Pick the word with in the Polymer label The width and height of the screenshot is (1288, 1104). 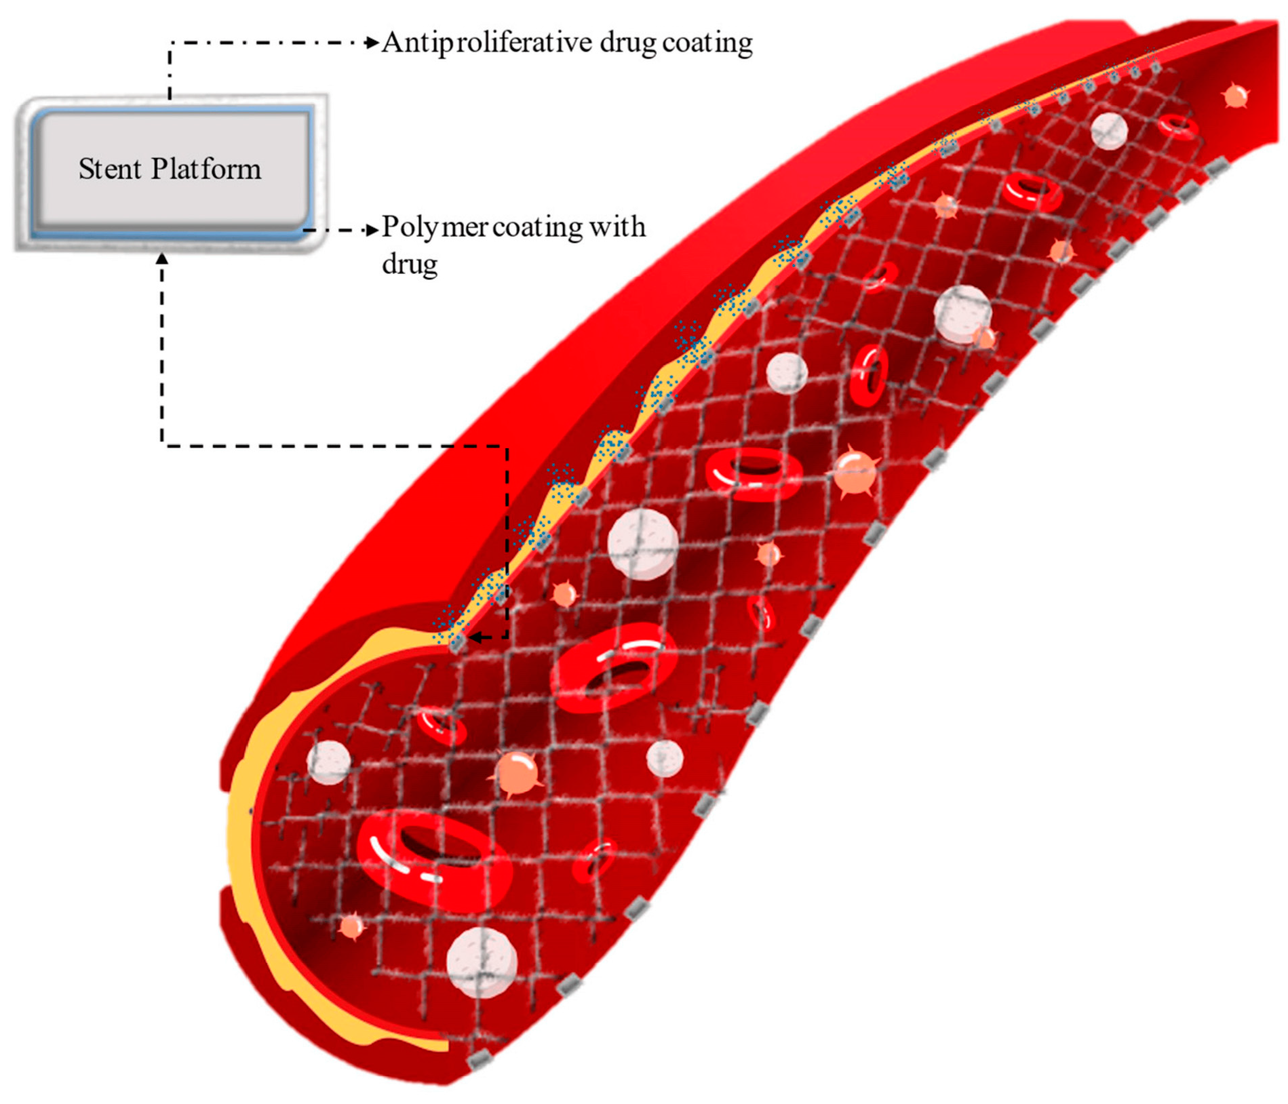617,226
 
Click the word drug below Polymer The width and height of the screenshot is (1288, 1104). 409,264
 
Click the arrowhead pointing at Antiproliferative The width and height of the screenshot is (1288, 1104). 372,43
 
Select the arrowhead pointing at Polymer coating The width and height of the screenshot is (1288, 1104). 372,230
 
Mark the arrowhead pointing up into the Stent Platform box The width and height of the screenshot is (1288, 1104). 162,258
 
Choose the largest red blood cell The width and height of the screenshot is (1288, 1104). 434,859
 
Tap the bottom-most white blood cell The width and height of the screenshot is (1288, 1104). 482,962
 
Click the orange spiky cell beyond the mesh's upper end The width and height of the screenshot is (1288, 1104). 1235,96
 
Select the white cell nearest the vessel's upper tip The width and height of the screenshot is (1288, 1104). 1109,130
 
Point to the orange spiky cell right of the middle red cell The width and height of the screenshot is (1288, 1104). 854,473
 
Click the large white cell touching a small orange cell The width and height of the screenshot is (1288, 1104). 962,314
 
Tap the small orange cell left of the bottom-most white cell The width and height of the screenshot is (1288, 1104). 351,926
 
